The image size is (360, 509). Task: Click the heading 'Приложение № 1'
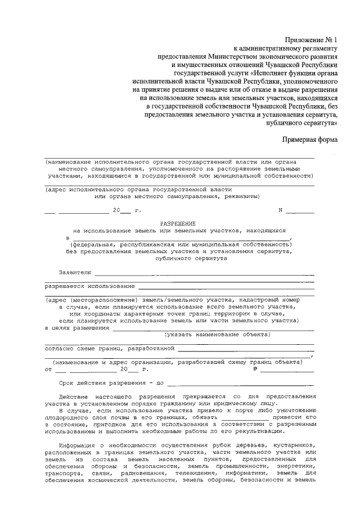point(310,41)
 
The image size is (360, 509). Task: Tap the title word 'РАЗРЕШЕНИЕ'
point(179,223)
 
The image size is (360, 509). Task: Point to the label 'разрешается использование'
point(90,286)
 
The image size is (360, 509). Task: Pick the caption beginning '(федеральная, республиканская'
point(179,245)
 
